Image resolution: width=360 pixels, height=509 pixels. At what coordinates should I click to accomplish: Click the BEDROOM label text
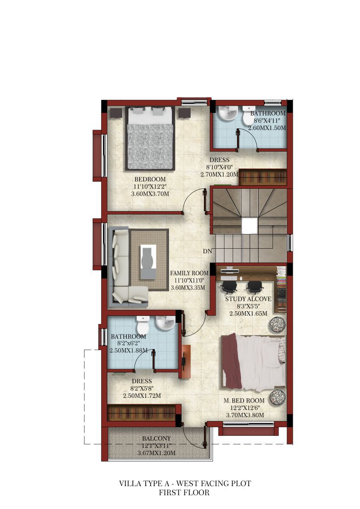coord(150,179)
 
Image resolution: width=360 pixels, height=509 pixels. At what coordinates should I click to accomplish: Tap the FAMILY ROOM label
coord(189,273)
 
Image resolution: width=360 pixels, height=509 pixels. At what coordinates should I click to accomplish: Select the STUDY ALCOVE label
coord(248,299)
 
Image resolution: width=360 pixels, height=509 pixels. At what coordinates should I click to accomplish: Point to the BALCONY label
coord(157,439)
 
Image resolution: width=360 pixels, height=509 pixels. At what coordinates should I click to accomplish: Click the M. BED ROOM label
coord(244,400)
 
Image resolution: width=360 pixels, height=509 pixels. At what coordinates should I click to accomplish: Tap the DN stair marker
coord(207,251)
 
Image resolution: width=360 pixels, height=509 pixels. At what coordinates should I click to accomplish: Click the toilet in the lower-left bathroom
coord(143,325)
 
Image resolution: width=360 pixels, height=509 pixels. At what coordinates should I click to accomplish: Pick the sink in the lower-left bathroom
coord(166,323)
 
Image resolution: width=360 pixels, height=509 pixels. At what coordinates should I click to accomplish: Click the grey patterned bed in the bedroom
coord(150,138)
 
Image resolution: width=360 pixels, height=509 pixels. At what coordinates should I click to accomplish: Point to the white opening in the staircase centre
coord(250,225)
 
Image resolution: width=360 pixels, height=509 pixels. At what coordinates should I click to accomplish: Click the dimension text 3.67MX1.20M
coord(157,453)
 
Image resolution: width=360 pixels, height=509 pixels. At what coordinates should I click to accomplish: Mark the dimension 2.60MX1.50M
coord(267,128)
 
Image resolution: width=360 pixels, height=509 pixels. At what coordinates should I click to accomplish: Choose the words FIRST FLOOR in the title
coord(184,493)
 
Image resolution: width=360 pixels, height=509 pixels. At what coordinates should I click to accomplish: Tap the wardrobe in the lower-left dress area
coord(141,413)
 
